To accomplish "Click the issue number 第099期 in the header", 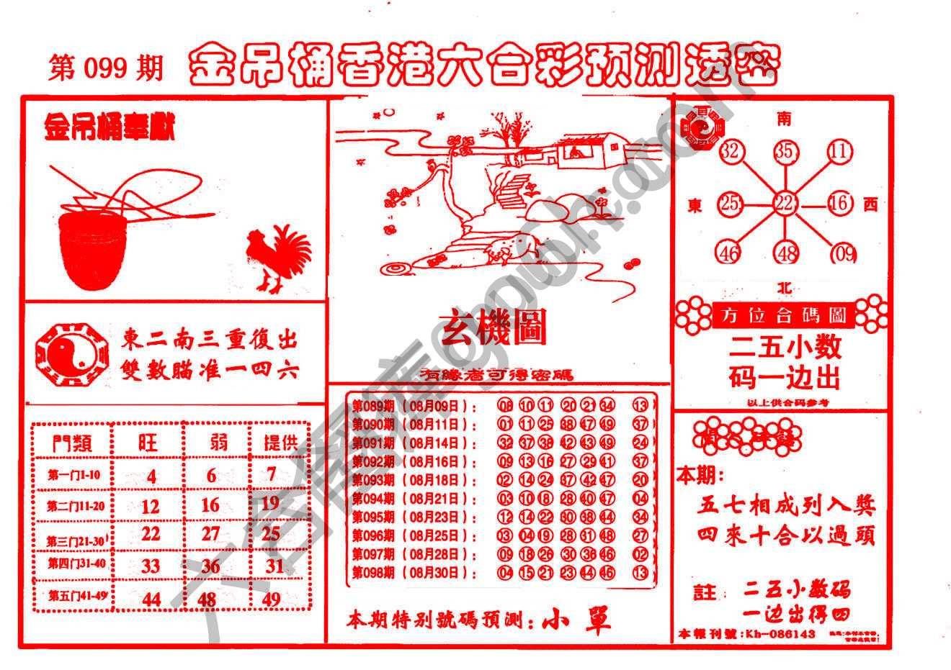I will [x=106, y=68].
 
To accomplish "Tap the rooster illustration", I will [x=277, y=258].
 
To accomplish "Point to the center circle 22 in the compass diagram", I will [x=784, y=204].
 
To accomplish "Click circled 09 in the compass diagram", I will [x=842, y=253].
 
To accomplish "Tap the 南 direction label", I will [x=784, y=119].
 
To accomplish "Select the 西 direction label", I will [x=870, y=205].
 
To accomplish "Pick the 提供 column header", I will [x=280, y=442].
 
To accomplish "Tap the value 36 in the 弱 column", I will [x=210, y=566].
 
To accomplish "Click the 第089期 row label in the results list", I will [x=373, y=405].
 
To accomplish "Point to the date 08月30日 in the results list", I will [x=439, y=574].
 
